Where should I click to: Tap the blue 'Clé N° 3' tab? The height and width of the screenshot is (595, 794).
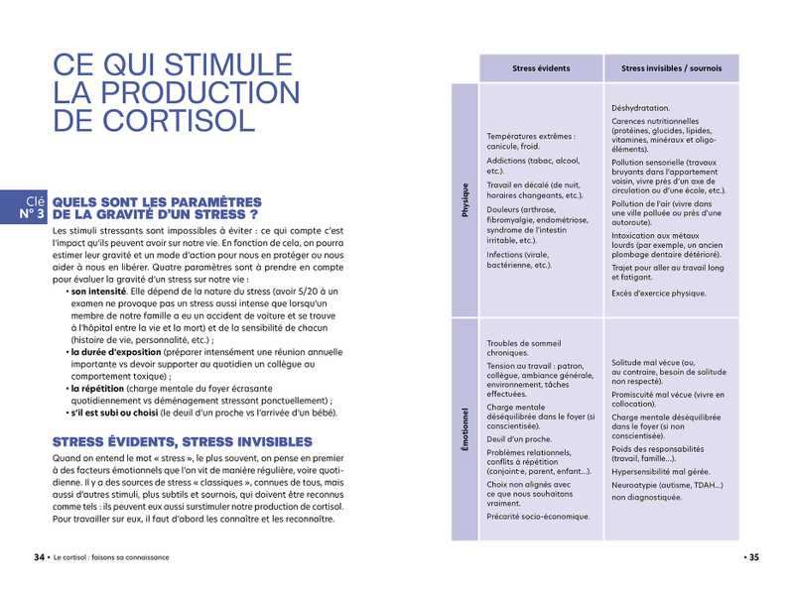(25, 206)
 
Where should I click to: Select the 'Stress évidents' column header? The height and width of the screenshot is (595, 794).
(541, 68)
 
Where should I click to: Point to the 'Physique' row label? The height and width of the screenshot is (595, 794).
(464, 199)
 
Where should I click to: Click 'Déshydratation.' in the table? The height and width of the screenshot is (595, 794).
(641, 108)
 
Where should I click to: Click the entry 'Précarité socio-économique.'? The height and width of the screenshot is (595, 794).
(538, 516)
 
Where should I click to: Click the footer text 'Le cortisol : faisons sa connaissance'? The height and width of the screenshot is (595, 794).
(111, 557)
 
